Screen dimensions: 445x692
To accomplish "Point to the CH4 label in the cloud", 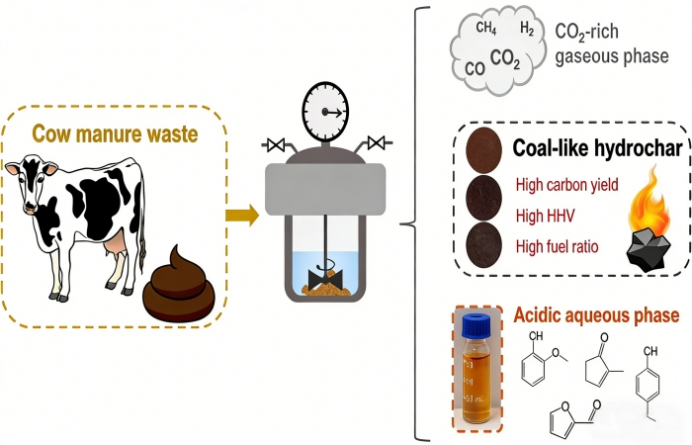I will [x=486, y=29].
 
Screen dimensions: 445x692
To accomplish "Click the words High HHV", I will [x=545, y=215].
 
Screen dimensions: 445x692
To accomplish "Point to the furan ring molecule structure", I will [x=563, y=422].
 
